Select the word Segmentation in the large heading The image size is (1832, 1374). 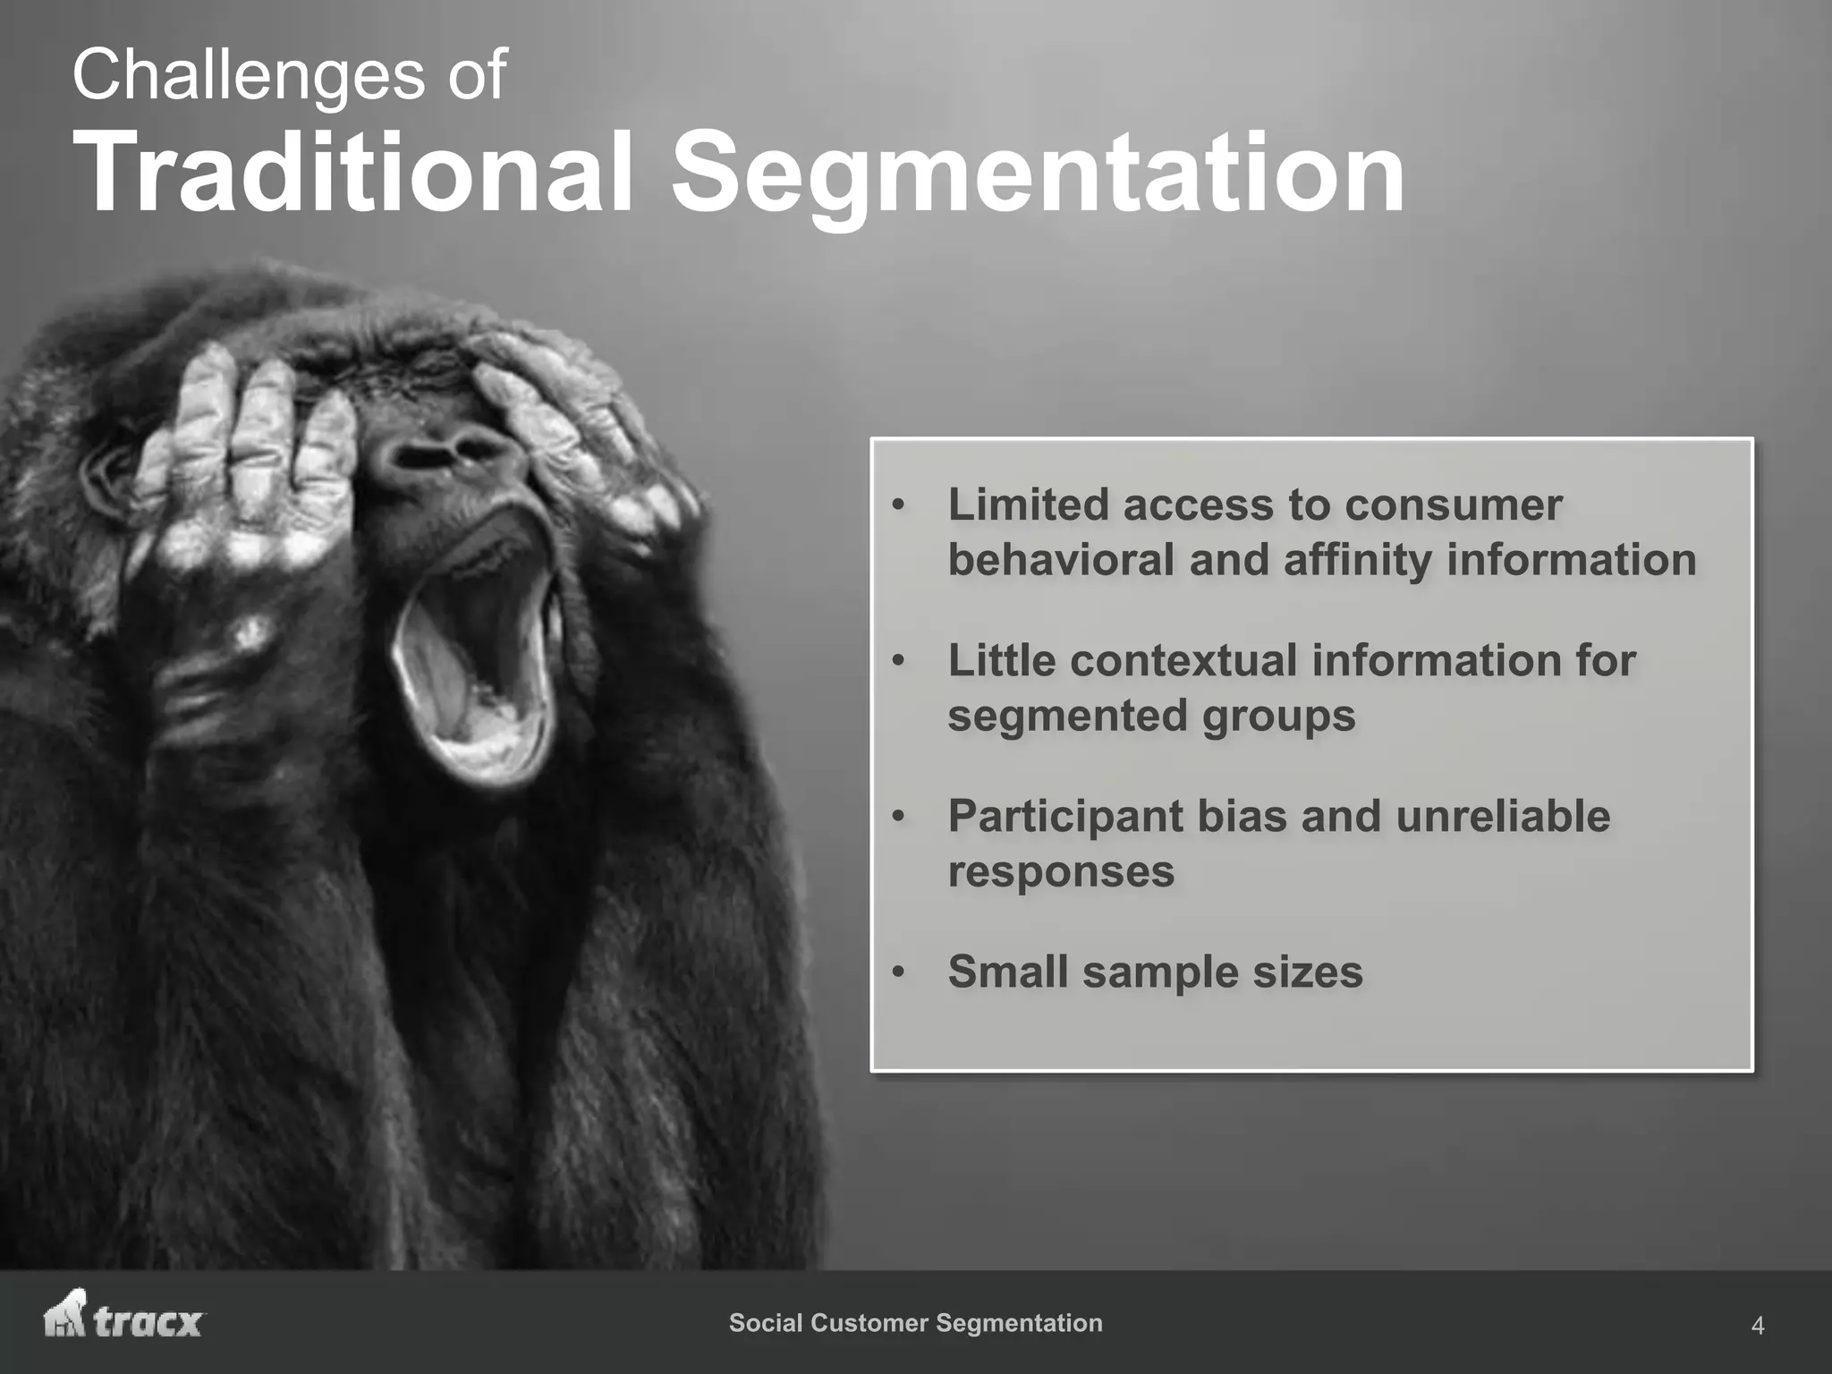click(1038, 174)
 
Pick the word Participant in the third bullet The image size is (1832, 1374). click(1064, 817)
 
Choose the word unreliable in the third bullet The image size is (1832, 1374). click(1503, 816)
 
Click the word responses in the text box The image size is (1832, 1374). click(1061, 872)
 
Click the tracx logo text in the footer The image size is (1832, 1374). click(148, 1323)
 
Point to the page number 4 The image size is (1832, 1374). click(1757, 1326)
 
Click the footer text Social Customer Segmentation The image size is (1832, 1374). click(915, 1323)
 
